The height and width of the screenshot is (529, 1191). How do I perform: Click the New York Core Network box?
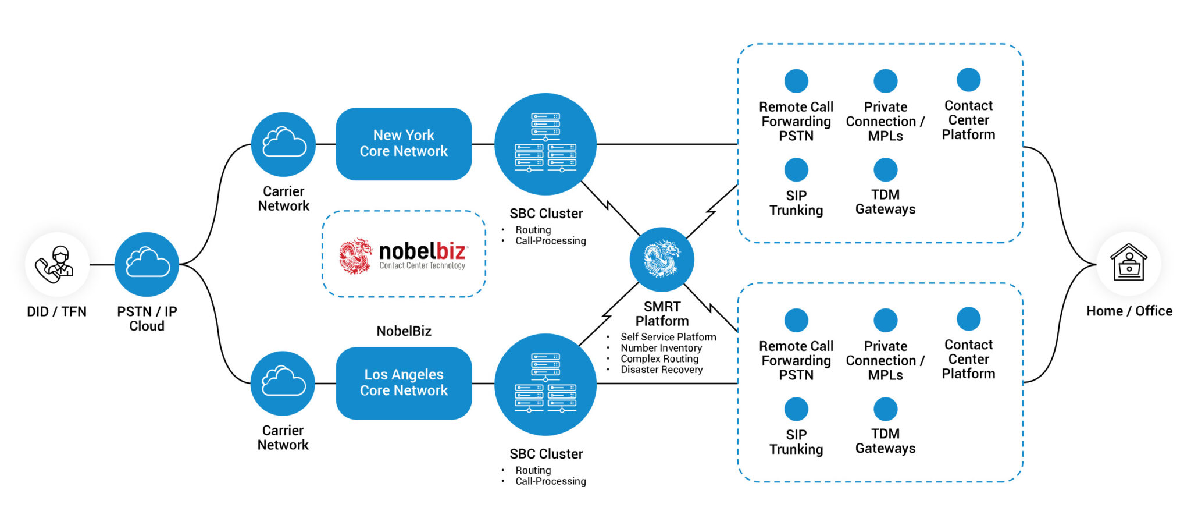[404, 144]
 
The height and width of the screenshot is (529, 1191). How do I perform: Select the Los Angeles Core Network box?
[404, 383]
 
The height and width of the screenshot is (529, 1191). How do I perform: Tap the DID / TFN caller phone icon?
[56, 265]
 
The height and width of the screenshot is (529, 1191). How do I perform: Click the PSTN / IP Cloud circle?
[147, 265]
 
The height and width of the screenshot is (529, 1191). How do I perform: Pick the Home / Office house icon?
[1128, 263]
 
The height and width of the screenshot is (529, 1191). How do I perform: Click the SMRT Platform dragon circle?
[662, 260]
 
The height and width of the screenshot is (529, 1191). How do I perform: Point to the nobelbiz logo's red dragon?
[355, 255]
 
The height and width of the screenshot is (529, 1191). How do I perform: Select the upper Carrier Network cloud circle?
[283, 144]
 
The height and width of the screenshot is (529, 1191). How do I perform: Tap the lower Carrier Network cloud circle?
[283, 383]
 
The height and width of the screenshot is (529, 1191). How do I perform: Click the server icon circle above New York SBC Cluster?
[545, 144]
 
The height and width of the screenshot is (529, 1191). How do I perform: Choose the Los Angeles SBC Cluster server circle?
[545, 384]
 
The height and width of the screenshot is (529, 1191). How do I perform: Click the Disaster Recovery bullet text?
[661, 370]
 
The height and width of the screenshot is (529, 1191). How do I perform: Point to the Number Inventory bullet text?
[661, 348]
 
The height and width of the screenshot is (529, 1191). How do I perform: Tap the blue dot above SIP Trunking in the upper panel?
[796, 170]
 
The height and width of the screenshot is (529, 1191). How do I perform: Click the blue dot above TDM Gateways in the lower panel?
[885, 409]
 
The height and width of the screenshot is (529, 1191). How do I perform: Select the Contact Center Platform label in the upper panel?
[968, 120]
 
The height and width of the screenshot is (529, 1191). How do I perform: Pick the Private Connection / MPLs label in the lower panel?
[885, 360]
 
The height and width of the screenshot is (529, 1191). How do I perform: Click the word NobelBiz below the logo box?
[404, 331]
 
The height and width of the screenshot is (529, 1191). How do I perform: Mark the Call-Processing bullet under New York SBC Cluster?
[550, 241]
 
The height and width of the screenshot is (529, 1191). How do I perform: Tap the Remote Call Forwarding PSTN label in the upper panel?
[796, 121]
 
